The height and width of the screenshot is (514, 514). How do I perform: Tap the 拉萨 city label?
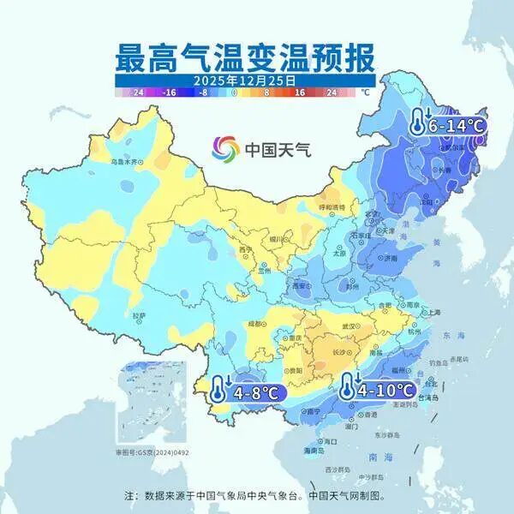click(140, 314)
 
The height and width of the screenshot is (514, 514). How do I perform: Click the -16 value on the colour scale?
click(170, 91)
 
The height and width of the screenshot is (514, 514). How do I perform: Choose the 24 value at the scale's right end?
click(332, 91)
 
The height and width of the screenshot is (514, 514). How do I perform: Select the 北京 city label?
click(372, 214)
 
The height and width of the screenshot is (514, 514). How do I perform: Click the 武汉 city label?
click(348, 326)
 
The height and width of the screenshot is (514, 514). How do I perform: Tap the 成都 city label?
click(254, 325)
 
